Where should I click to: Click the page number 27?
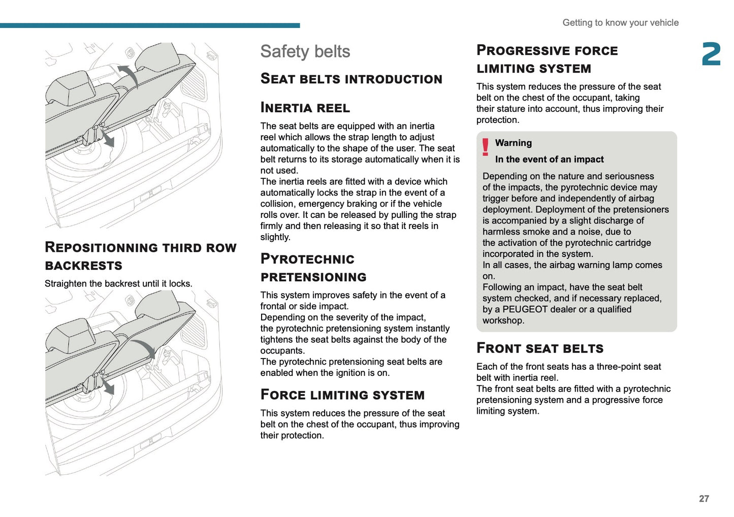tap(704, 499)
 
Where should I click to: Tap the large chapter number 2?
tap(711, 54)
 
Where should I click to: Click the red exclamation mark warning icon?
tap(486, 147)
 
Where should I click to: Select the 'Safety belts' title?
tap(305, 52)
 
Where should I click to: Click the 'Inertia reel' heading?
tap(305, 108)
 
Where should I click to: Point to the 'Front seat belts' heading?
tap(539, 348)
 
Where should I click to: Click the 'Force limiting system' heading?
tap(342, 395)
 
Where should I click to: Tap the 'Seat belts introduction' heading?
tap(351, 79)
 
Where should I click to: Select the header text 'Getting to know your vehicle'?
tap(620, 23)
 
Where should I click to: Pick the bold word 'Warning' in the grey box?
tap(513, 143)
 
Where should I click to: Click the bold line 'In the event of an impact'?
tap(549, 159)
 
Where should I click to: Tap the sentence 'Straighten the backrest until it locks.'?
tap(118, 283)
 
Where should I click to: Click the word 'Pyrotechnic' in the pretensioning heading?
tap(307, 259)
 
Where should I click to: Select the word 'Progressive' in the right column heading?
tap(523, 51)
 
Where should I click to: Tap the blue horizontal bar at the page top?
tap(150, 25)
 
